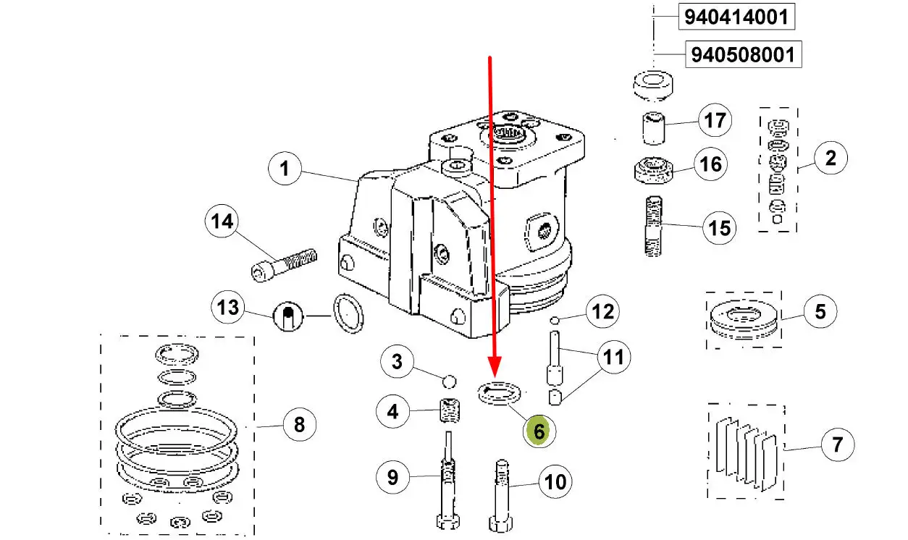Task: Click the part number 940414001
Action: tap(735, 17)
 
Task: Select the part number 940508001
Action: tap(744, 54)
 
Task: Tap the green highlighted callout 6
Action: tap(539, 431)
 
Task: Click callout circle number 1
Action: tap(285, 169)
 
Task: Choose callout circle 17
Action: tap(715, 120)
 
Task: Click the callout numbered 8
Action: tap(299, 424)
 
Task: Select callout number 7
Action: tap(838, 444)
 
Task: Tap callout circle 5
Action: tap(820, 312)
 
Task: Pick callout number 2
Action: tap(830, 158)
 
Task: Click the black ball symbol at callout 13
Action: tap(287, 315)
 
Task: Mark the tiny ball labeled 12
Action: tap(555, 320)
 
